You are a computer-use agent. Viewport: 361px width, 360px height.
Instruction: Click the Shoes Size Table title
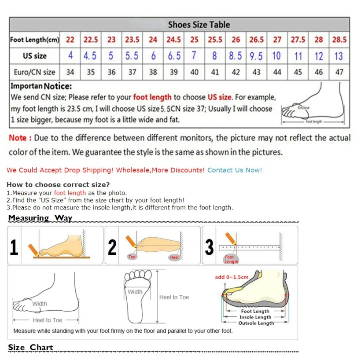[x=199, y=25]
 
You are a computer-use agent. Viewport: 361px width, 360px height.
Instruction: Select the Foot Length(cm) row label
[x=34, y=40]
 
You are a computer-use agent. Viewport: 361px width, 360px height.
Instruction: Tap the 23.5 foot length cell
[x=132, y=40]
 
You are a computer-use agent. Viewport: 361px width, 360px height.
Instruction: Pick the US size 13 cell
[x=339, y=56]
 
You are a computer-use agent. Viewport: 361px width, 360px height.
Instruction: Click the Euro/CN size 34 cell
[x=70, y=72]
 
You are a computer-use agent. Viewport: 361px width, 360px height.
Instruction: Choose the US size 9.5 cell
[x=256, y=56]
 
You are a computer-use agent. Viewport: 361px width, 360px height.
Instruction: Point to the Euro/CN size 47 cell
[x=339, y=72]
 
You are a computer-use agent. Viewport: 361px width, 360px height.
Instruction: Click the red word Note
[x=18, y=138]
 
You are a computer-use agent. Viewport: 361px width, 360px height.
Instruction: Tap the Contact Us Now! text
[x=235, y=170]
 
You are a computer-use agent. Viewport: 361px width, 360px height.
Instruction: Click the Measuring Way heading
[x=40, y=218]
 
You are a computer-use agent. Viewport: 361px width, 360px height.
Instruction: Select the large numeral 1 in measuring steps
[x=14, y=247]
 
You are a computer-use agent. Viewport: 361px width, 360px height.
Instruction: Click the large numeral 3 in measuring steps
[x=210, y=247]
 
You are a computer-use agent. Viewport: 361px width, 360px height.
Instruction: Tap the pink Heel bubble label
[x=174, y=257]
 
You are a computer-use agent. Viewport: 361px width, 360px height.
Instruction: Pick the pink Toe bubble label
[x=132, y=257]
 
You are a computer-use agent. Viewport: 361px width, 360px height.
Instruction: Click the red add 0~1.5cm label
[x=232, y=277]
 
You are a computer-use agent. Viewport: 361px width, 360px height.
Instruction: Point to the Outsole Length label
[x=256, y=323]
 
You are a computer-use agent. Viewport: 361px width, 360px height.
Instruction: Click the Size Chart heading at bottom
[x=30, y=347]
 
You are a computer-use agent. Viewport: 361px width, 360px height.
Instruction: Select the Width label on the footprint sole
[x=135, y=292]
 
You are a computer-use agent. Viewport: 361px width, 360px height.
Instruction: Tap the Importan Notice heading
[x=41, y=86]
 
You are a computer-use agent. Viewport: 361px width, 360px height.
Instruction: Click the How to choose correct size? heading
[x=58, y=184]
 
